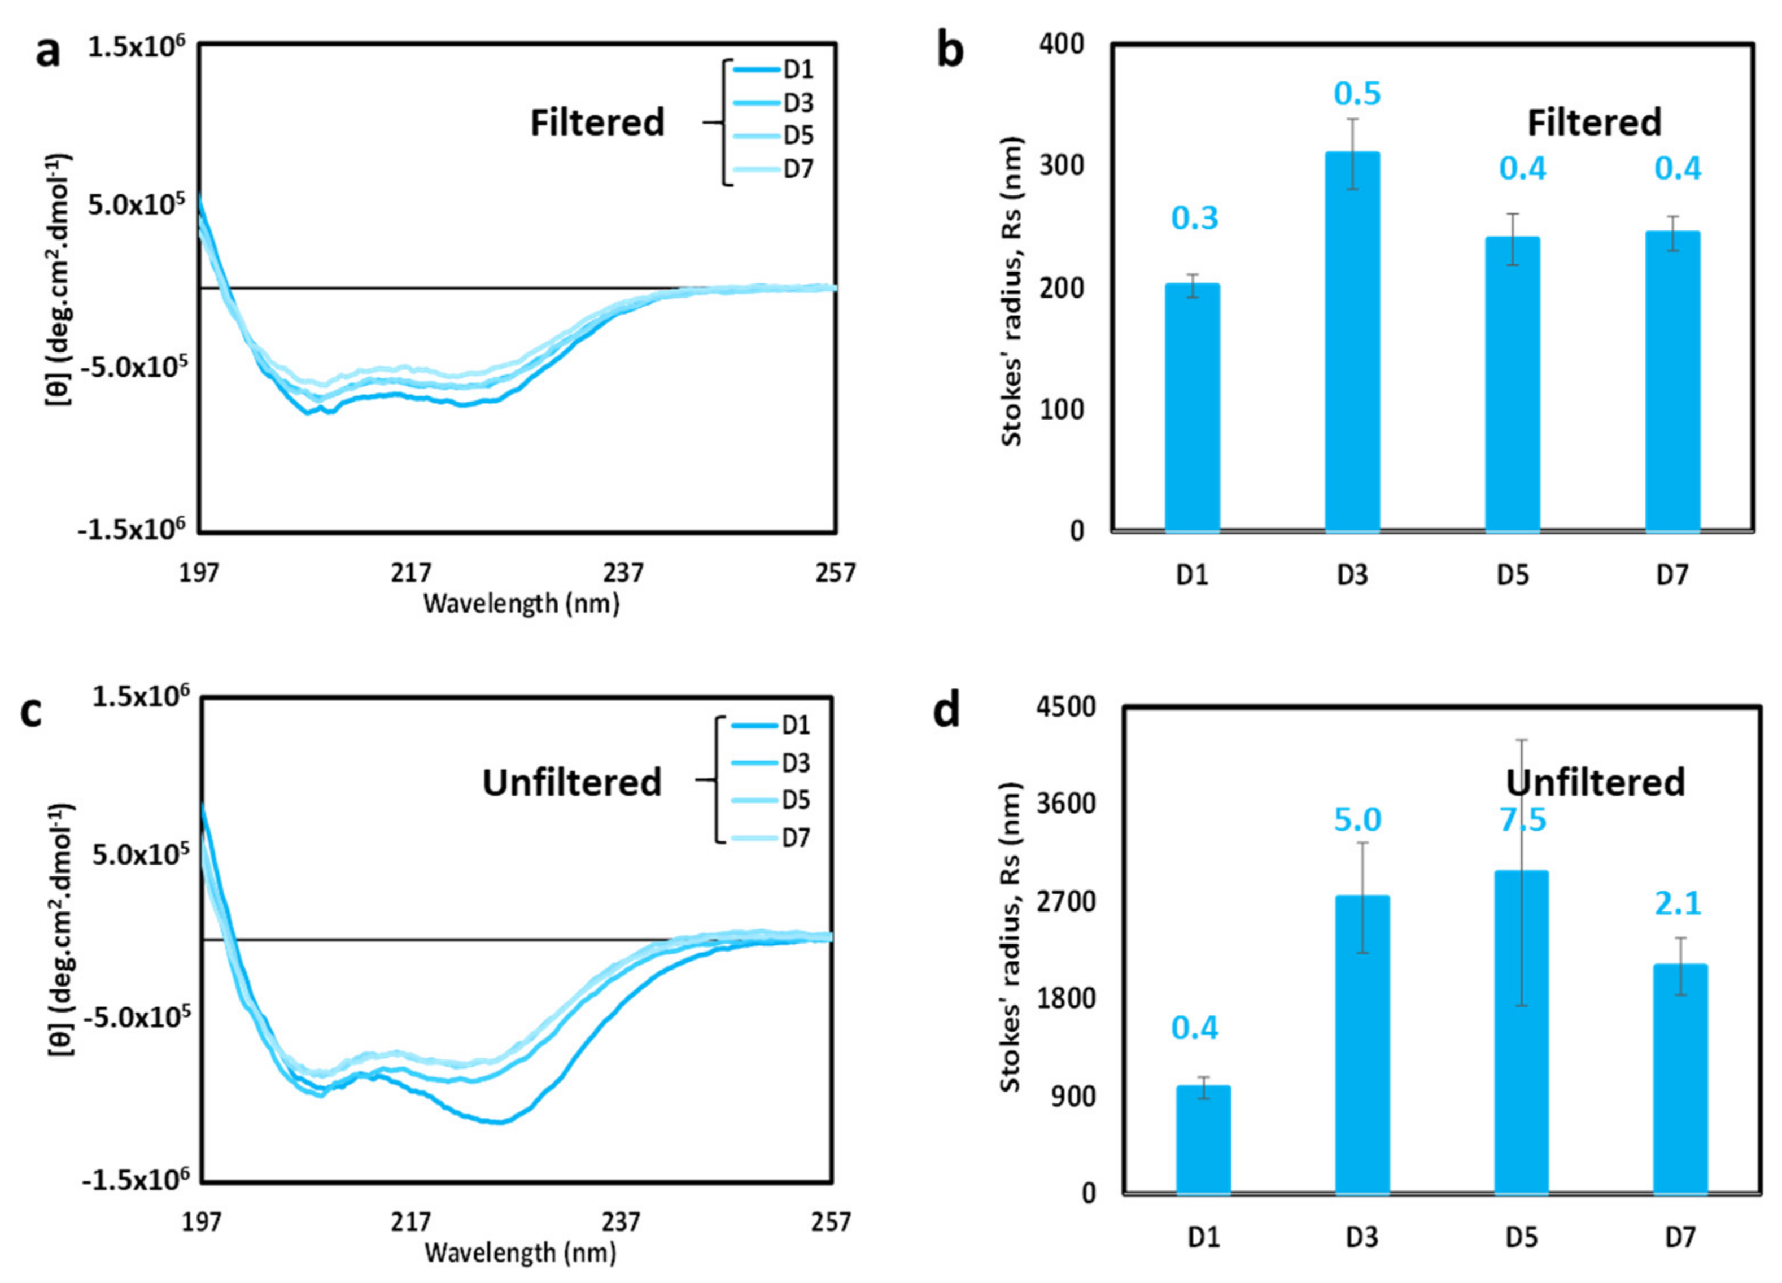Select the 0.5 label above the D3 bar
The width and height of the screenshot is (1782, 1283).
[1357, 94]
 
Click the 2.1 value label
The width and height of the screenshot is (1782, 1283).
[1678, 904]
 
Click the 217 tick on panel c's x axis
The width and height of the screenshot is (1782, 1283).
[411, 1223]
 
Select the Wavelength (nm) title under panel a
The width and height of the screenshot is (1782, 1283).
[521, 604]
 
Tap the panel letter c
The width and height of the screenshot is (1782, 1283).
[30, 712]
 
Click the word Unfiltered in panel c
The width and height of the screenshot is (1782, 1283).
[571, 783]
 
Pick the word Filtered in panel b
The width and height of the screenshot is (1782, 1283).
[1593, 123]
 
